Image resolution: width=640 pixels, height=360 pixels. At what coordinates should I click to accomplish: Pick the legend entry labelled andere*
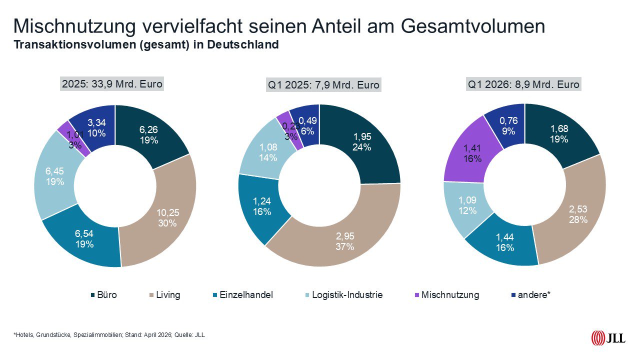click(534, 295)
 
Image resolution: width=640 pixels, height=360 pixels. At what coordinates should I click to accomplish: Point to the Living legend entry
click(167, 295)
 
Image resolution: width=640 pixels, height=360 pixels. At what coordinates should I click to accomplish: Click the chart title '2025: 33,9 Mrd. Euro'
click(112, 84)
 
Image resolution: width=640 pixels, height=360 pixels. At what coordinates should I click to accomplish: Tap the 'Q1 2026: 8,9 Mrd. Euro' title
click(523, 84)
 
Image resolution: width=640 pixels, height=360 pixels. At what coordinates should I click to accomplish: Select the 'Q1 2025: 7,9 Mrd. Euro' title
click(323, 85)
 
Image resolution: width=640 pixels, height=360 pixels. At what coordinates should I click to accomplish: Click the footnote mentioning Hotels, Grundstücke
click(109, 334)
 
